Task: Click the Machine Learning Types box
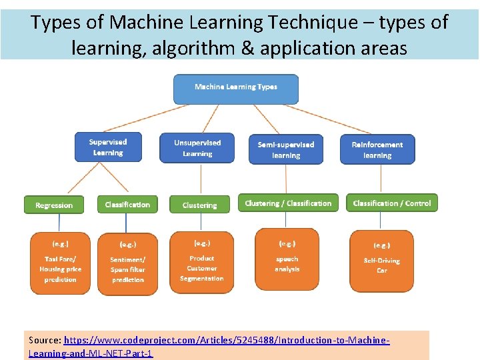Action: (236, 88)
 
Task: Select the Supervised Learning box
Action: (108, 147)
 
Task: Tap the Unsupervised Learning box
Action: (197, 148)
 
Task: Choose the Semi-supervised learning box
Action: (286, 149)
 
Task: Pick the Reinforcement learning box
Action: (377, 149)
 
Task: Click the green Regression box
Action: (54, 205)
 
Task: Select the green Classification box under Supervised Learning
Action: (127, 205)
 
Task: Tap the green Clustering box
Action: (199, 205)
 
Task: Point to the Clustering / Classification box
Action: (288, 203)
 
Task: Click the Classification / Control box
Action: (392, 203)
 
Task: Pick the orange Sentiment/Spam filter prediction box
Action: (128, 264)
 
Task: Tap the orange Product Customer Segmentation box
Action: (201, 262)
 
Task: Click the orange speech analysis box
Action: (287, 259)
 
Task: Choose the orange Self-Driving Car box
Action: (381, 261)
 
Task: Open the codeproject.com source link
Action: (227, 340)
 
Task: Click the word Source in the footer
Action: (45, 340)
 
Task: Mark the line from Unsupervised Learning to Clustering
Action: (201, 179)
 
